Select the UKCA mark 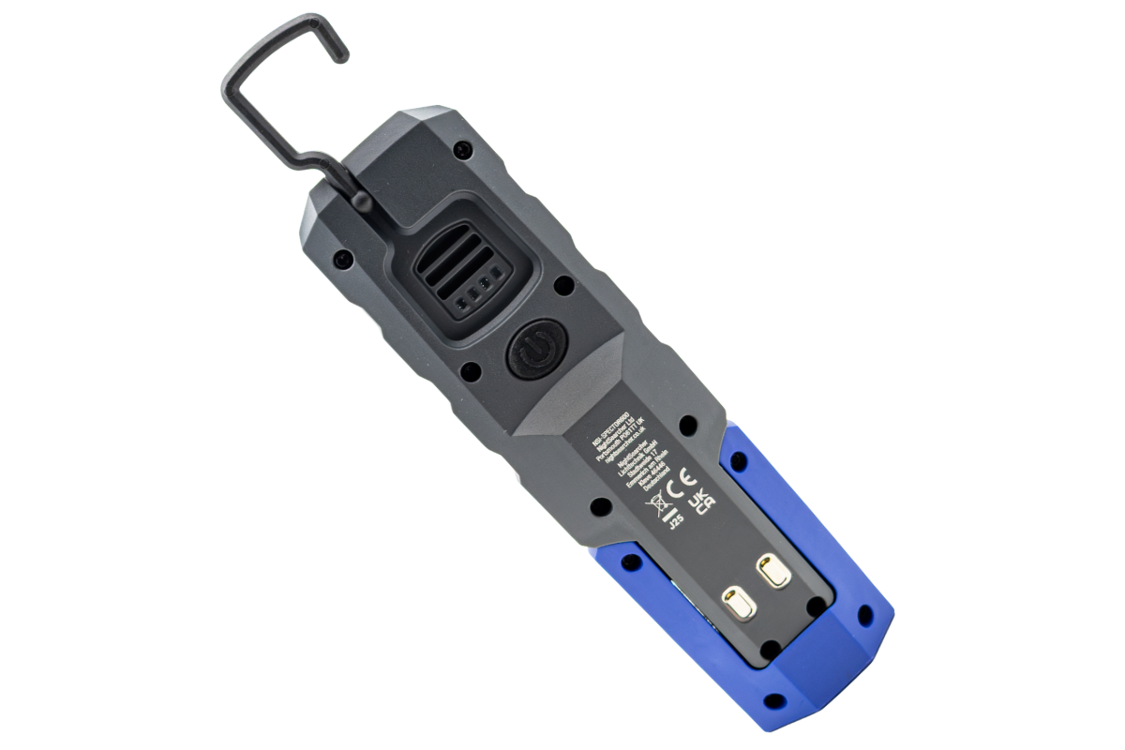point(702,503)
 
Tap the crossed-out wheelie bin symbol point(657,504)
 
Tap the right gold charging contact point(774,572)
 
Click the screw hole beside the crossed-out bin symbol point(602,506)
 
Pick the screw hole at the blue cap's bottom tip point(774,701)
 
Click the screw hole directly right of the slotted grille point(563,283)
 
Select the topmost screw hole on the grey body point(461,148)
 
